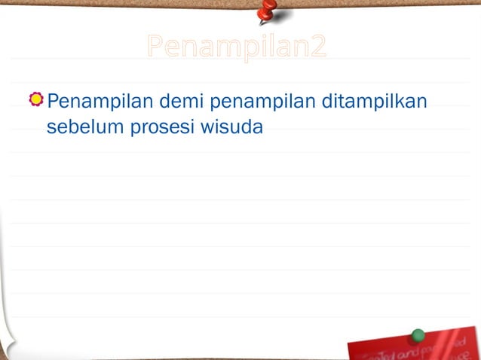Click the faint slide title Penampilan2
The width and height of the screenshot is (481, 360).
pos(237,47)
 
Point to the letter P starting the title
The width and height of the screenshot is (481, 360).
pos(155,47)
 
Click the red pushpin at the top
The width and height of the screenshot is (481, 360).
pos(266,10)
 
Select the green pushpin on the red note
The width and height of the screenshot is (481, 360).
pos(418,335)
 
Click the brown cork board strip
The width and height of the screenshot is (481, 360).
pos(113,3)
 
